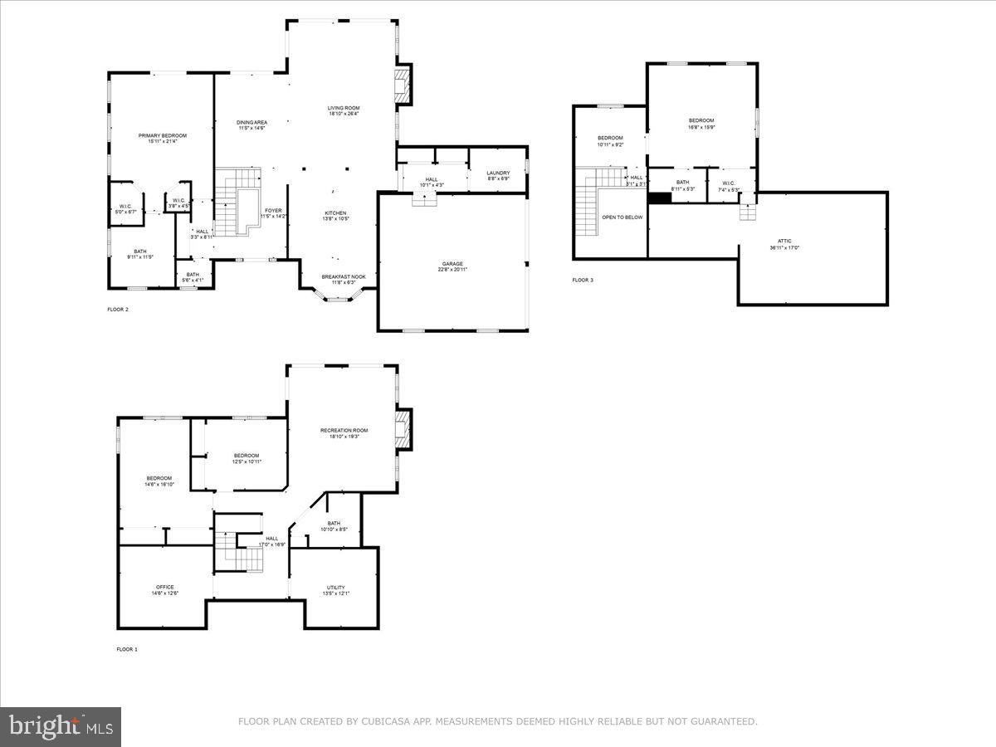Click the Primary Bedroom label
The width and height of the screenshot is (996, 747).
tap(162, 135)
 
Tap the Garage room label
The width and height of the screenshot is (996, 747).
tap(452, 264)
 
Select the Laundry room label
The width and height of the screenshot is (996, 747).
tap(498, 173)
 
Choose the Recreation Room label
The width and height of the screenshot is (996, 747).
tap(344, 430)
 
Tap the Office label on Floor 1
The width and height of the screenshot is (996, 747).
tap(164, 587)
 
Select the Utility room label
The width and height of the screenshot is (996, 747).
tap(335, 588)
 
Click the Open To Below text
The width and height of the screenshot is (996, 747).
tap(622, 217)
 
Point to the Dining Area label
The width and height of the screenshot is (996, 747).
tap(251, 123)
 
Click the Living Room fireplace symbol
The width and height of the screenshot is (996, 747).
tap(402, 86)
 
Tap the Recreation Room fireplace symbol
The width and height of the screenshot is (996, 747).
tap(403, 429)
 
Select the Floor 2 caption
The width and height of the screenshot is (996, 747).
tap(118, 310)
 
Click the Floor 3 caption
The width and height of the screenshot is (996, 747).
tap(583, 281)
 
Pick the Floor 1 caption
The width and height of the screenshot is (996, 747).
tap(127, 649)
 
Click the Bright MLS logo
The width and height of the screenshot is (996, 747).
tap(61, 727)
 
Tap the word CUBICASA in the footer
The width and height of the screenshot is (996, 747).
tap(388, 722)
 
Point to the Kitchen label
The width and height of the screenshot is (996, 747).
tap(335, 212)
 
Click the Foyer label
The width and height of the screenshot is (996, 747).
tap(274, 211)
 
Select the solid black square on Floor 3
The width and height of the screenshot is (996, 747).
tap(660, 198)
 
